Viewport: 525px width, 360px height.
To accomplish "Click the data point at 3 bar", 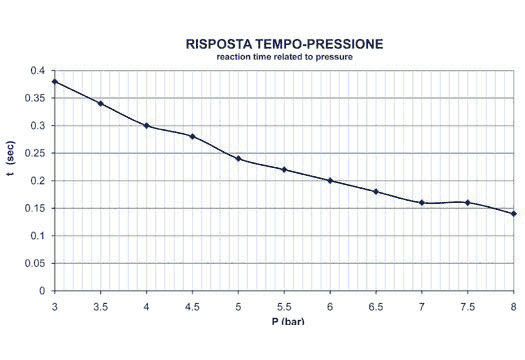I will coord(54,81).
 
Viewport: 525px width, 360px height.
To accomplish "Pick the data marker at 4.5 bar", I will coord(192,136).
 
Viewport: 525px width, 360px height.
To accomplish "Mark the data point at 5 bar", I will coord(238,158).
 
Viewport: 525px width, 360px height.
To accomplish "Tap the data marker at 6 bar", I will coord(330,181).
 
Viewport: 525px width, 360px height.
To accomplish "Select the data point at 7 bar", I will coord(422,203).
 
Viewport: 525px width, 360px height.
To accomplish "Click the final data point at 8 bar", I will coord(514,214).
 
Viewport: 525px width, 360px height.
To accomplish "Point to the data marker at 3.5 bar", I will coord(100,103).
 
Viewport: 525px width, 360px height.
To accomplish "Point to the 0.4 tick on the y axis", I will coord(38,71).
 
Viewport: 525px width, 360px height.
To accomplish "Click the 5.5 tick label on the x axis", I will coord(284,305).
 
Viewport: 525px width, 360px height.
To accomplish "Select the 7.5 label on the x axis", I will coord(468,305).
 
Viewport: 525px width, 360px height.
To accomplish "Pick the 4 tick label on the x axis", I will coord(146,305).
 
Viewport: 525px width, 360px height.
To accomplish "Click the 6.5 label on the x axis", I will coord(376,305).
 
